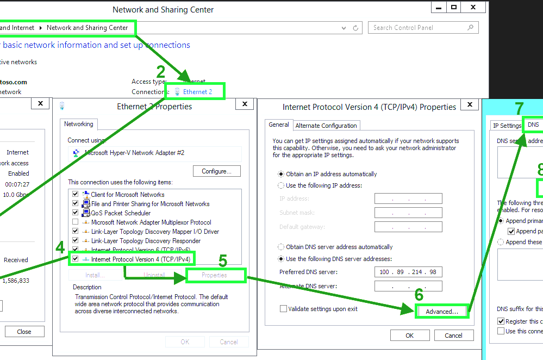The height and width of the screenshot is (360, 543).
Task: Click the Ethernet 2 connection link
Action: point(197,92)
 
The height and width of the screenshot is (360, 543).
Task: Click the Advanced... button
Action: point(442,312)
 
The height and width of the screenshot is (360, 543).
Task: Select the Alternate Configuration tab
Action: point(326,126)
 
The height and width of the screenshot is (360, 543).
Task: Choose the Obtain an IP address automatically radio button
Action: point(281,174)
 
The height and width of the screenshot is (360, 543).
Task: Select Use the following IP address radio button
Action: point(281,185)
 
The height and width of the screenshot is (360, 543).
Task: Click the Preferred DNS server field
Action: point(408,272)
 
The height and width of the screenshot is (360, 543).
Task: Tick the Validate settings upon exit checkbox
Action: point(283,309)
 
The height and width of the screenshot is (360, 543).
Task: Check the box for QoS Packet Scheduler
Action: point(76,213)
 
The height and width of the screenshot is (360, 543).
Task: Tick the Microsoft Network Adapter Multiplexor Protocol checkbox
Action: point(76,222)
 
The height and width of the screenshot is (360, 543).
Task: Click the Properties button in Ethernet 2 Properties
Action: point(214,275)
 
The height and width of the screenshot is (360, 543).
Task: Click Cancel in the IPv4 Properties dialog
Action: point(453,336)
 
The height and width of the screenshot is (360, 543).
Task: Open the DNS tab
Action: point(533,125)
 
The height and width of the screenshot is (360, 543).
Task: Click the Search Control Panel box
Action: point(419,28)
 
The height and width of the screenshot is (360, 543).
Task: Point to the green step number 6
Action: point(419,295)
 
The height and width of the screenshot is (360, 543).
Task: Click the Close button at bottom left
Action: point(24,331)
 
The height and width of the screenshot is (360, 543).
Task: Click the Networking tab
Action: point(79,124)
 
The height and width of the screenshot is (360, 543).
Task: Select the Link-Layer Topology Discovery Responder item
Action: point(146,241)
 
